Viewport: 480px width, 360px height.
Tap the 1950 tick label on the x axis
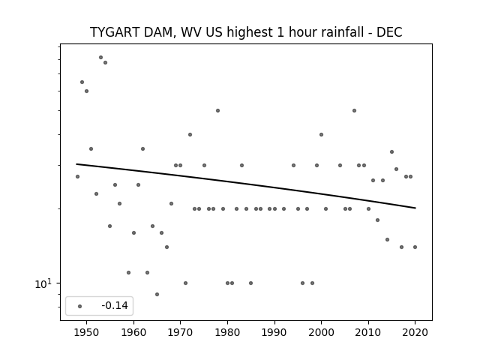point(87,332)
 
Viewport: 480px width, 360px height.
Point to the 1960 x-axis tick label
point(133,332)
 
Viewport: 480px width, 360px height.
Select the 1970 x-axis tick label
point(181,332)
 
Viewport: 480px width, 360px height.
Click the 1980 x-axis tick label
point(227,332)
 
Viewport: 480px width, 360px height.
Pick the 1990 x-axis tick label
point(274,332)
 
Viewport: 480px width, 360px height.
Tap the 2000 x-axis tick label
point(322,332)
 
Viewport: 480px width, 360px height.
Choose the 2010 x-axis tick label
point(368,332)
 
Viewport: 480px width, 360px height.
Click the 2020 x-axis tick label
point(415,332)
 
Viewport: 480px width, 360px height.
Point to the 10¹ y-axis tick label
point(43,283)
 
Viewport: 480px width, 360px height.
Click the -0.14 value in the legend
point(115,305)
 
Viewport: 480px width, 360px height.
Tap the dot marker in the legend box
point(79,306)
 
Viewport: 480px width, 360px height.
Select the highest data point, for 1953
point(100,57)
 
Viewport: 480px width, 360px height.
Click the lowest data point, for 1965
point(157,294)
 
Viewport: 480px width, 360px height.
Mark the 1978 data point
point(217,110)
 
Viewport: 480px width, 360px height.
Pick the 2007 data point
point(354,110)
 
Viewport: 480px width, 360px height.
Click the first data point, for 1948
point(77,176)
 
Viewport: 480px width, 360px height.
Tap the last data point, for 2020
point(415,247)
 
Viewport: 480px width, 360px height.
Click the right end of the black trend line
point(415,208)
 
